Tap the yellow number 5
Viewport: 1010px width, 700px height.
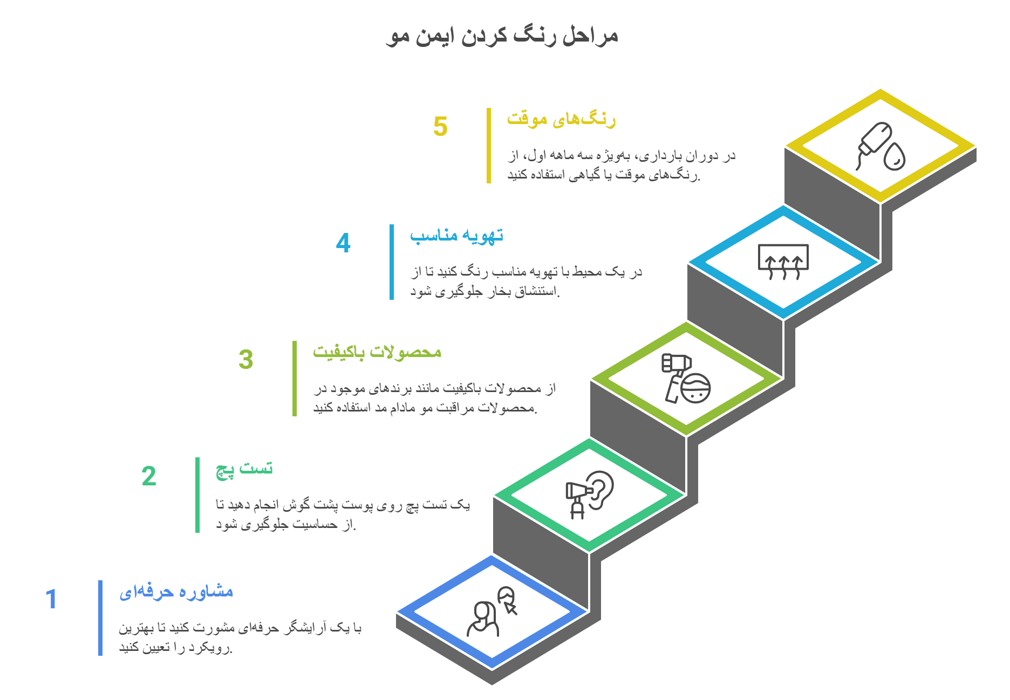point(440,127)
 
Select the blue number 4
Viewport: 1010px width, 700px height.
point(343,243)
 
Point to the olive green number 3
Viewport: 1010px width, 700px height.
point(246,359)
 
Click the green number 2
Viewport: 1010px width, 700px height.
point(149,476)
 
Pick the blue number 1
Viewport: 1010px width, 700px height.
point(51,599)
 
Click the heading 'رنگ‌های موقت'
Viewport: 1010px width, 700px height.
point(561,119)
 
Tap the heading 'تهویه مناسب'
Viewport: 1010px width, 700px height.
point(456,236)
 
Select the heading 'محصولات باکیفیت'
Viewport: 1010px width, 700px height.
point(377,352)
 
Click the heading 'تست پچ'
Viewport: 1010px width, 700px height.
point(244,469)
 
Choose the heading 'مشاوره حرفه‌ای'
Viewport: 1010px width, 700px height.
point(176,592)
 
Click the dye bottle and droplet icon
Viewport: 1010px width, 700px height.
point(881,147)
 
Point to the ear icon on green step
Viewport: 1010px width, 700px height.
point(590,495)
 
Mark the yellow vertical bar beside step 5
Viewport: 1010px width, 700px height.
point(489,146)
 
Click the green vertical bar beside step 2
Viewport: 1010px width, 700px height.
point(197,495)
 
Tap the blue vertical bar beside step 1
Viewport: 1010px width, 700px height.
point(100,618)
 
